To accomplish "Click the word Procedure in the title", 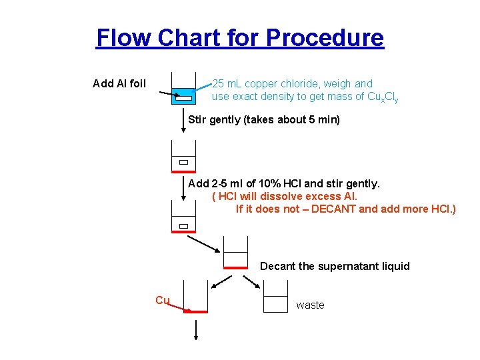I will [325, 37].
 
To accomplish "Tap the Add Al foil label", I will [119, 83].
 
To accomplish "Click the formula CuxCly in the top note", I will [383, 97].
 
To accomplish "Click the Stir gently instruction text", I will [264, 120].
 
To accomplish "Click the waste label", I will [310, 305].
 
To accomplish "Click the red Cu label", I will [162, 300].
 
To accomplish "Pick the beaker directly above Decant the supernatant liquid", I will [235, 253].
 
